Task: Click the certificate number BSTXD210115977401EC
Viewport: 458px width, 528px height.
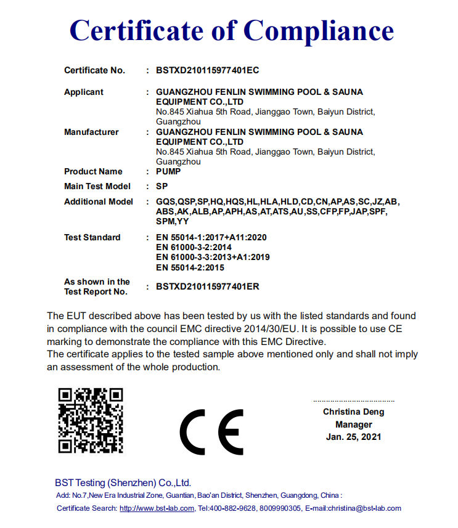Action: [207, 70]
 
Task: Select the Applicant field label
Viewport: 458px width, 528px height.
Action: [84, 92]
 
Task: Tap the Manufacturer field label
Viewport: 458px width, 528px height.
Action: [91, 132]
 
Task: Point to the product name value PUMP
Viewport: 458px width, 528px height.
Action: [168, 171]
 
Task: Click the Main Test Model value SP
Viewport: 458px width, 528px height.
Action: [162, 186]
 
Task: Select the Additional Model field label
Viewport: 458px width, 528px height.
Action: [99, 201]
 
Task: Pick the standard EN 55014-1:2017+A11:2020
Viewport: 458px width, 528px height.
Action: [211, 237]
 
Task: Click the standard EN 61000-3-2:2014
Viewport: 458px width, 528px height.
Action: [194, 247]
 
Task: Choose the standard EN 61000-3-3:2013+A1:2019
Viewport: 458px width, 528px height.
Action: [213, 257]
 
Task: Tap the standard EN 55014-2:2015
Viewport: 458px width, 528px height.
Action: [190, 267]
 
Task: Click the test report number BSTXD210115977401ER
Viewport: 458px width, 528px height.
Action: [207, 286]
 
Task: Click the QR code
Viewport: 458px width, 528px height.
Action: [91, 421]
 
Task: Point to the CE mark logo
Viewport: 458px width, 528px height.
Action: [211, 431]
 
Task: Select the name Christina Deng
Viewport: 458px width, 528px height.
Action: [354, 412]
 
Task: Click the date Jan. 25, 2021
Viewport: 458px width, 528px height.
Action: [354, 437]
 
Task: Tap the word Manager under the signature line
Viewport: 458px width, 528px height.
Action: [354, 424]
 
